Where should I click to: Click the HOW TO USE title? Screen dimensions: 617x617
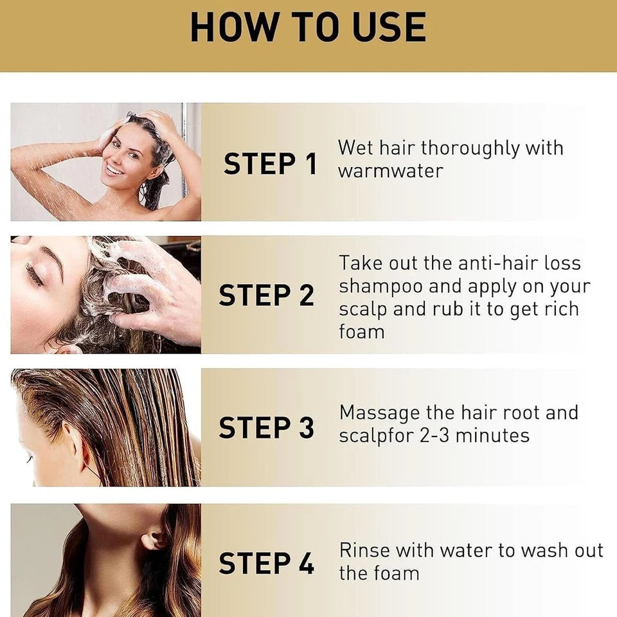pyautogui.click(x=308, y=27)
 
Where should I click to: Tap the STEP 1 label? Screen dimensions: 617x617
pyautogui.click(x=271, y=164)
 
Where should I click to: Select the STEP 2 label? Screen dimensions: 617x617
pyautogui.click(x=267, y=296)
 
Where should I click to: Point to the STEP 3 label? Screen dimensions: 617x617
pyautogui.click(x=267, y=428)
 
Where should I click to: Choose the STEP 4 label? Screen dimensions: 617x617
pyautogui.click(x=267, y=563)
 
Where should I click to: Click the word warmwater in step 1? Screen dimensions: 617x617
pyautogui.click(x=391, y=172)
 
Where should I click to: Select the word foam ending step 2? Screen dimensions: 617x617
pyautogui.click(x=362, y=332)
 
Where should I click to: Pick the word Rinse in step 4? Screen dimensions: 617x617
pyautogui.click(x=364, y=551)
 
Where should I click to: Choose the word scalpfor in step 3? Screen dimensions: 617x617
pyautogui.click(x=377, y=436)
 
